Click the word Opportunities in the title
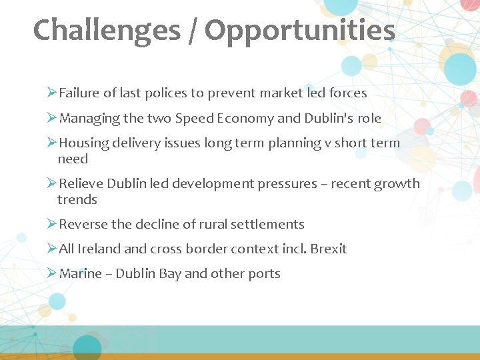point(299,31)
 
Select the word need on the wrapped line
point(73,159)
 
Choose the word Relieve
point(81,183)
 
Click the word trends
point(77,199)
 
